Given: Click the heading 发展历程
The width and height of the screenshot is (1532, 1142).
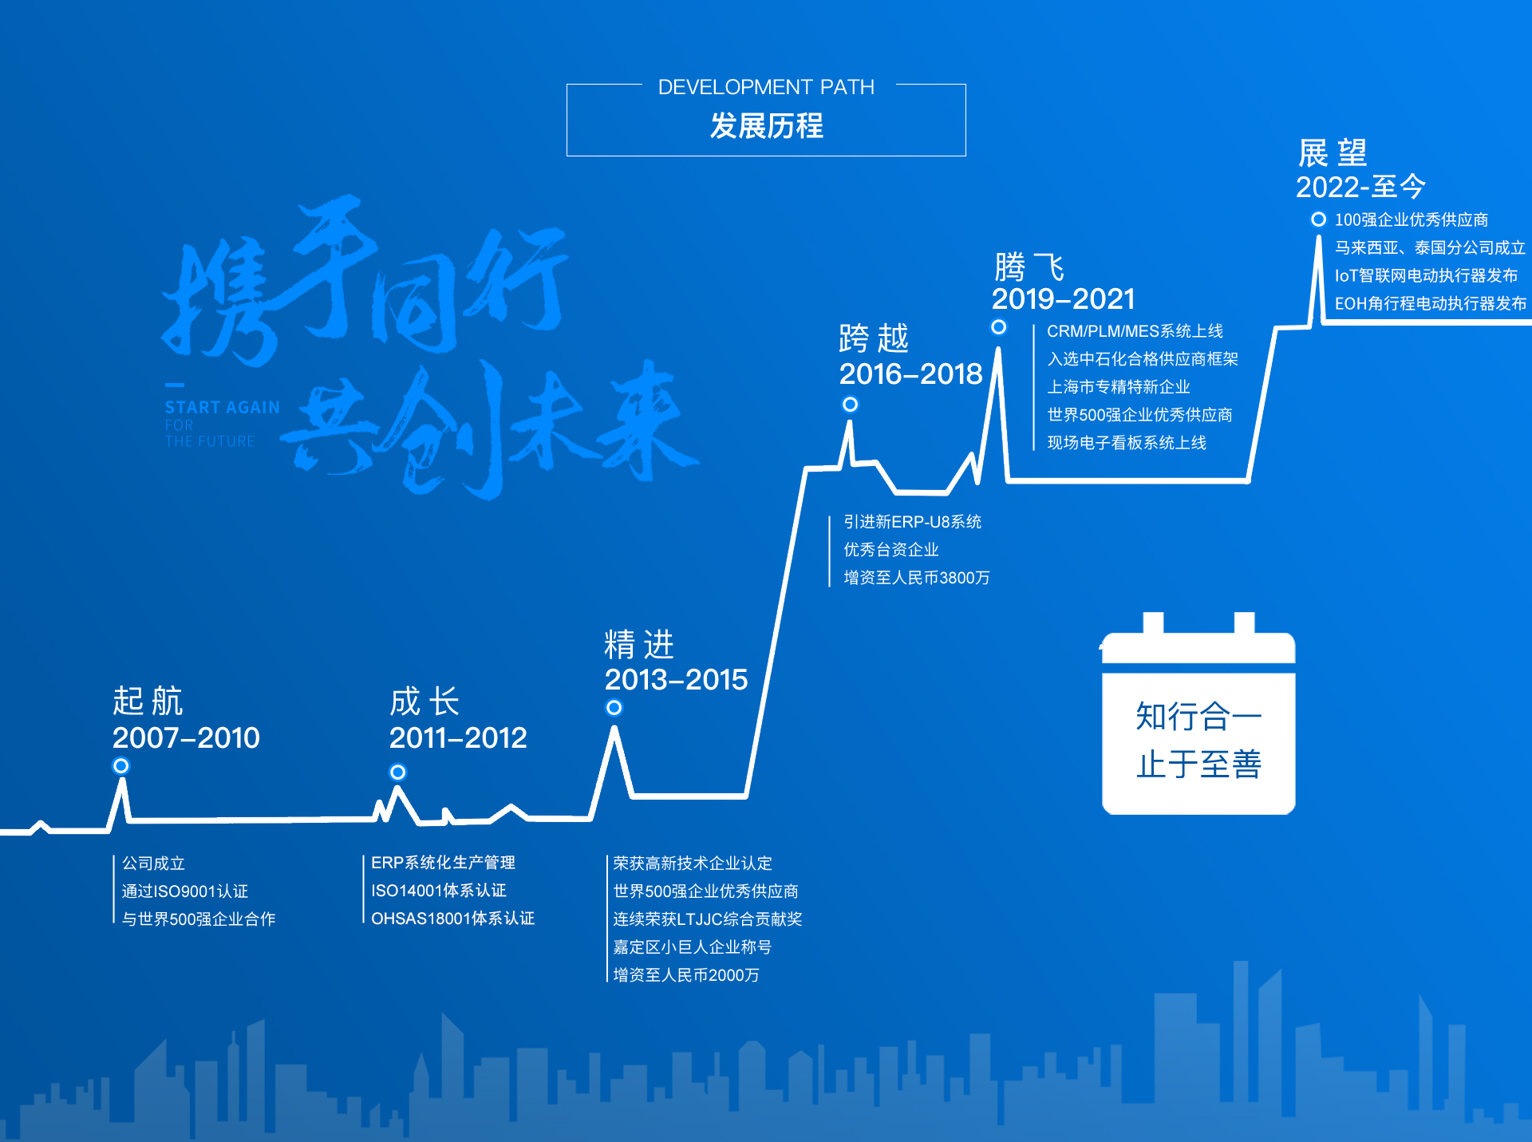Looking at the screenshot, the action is tap(766, 126).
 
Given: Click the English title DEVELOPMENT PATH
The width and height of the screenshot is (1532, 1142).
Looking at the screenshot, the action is tap(766, 87).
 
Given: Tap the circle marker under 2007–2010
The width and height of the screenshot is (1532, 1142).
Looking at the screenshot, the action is tap(121, 766).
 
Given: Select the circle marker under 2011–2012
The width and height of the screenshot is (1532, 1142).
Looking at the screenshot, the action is tap(398, 773).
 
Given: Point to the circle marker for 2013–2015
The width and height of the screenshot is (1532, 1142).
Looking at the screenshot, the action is tap(614, 708).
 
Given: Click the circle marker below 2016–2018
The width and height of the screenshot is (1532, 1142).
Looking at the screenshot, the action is tap(851, 405).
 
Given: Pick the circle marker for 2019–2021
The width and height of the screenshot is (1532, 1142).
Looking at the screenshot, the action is tap(999, 327).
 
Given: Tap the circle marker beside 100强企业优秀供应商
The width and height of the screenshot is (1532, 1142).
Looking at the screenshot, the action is tap(1319, 219).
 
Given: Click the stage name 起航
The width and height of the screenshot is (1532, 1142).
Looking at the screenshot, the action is tap(148, 701).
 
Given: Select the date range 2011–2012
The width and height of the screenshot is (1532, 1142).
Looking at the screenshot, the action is tap(458, 738).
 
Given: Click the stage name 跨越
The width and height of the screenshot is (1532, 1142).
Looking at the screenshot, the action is tap(874, 338).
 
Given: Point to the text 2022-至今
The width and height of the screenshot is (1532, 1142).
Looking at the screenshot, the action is tap(1360, 187).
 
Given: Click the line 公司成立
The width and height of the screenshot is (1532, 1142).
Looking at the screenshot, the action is tap(153, 863).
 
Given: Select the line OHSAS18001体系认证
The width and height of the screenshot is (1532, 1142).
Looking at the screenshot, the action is tap(453, 919).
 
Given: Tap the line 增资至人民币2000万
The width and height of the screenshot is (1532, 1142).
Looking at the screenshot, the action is tap(686, 975).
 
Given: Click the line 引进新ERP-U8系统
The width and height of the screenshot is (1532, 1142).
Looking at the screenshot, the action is tap(913, 522).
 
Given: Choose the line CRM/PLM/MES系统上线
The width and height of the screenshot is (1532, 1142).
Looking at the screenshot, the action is tap(1135, 331).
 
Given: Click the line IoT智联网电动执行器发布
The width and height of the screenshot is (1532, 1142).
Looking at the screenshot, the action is tap(1426, 275).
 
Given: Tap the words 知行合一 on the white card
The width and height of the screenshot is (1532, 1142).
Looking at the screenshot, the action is tap(1198, 716).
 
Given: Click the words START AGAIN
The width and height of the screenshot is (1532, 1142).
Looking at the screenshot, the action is tap(223, 408).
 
